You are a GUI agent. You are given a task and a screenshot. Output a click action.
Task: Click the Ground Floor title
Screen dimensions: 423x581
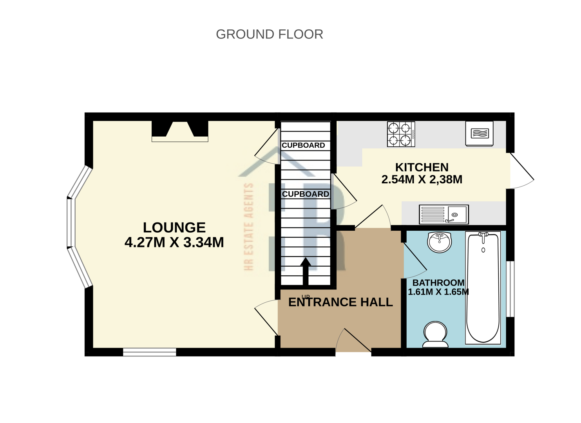(x=269, y=34)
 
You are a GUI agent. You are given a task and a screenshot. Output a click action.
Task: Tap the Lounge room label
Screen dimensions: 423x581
(x=174, y=228)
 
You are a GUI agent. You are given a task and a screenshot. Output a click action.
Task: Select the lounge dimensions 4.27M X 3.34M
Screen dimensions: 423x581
(x=174, y=242)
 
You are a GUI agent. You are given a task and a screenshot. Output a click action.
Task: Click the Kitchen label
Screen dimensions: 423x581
(x=422, y=167)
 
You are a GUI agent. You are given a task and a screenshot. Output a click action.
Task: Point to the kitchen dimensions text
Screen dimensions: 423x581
(x=422, y=179)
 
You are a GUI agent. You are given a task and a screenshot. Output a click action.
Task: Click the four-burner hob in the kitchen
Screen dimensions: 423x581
(x=400, y=134)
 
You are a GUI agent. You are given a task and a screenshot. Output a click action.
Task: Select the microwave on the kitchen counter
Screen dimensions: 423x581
(x=479, y=134)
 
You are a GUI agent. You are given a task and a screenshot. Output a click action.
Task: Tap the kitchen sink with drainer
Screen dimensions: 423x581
(x=443, y=215)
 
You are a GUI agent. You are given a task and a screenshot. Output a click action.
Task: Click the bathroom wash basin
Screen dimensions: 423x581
(x=439, y=242)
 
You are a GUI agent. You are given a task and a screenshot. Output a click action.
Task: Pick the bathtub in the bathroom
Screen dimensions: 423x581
(x=483, y=287)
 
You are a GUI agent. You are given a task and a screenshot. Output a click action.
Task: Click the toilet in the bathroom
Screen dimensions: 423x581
(x=435, y=334)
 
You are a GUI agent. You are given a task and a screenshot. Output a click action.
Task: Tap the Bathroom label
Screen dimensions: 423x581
(x=438, y=282)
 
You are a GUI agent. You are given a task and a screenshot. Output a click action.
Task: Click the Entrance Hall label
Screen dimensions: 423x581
(x=340, y=302)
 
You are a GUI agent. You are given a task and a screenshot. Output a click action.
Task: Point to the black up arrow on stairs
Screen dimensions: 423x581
(x=306, y=270)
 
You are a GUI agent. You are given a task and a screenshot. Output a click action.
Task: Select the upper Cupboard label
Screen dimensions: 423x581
(x=303, y=145)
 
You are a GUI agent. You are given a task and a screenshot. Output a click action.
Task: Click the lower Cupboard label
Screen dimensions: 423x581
(x=305, y=194)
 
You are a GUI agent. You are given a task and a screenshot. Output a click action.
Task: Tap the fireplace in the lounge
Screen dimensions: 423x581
(x=180, y=131)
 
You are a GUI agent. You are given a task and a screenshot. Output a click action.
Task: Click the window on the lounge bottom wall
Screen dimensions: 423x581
(x=150, y=352)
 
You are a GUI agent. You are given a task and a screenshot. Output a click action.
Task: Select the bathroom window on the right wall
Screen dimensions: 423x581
(x=510, y=288)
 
